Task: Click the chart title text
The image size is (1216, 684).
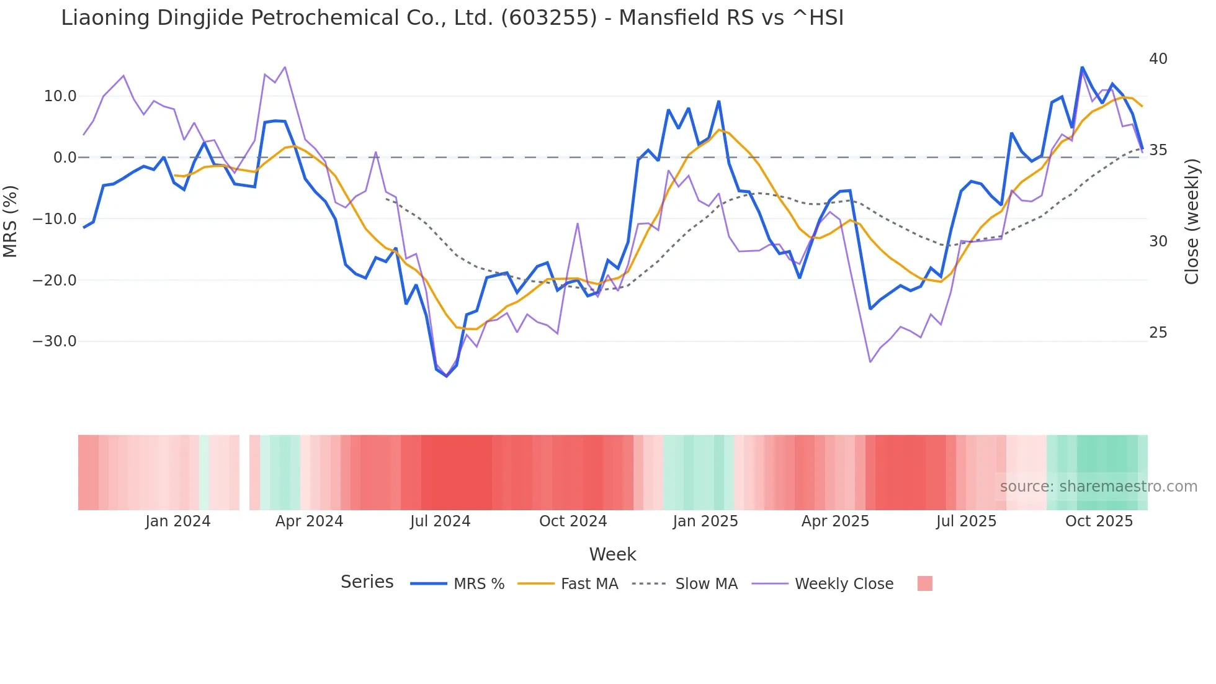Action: click(x=452, y=18)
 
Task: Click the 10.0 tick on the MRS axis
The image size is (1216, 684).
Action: click(x=60, y=96)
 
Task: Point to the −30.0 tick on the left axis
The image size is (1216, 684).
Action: click(x=55, y=341)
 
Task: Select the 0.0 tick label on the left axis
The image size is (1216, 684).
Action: click(x=65, y=158)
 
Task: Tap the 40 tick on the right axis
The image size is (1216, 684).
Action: click(x=1158, y=59)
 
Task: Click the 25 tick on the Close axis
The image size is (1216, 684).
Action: click(x=1158, y=333)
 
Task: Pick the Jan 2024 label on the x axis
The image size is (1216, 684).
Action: click(x=178, y=521)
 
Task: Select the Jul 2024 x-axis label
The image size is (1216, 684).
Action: click(x=440, y=521)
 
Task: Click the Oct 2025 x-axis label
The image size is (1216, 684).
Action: click(x=1099, y=521)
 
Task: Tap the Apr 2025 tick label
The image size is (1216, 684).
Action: click(x=835, y=521)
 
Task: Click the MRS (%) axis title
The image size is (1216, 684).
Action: click(x=11, y=221)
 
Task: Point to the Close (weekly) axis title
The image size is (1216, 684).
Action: click(x=1192, y=222)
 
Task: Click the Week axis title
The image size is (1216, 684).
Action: click(x=612, y=554)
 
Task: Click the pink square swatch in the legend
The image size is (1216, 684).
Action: click(x=924, y=583)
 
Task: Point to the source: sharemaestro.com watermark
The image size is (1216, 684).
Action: click(x=1098, y=487)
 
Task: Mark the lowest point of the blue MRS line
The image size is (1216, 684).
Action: click(x=447, y=376)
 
